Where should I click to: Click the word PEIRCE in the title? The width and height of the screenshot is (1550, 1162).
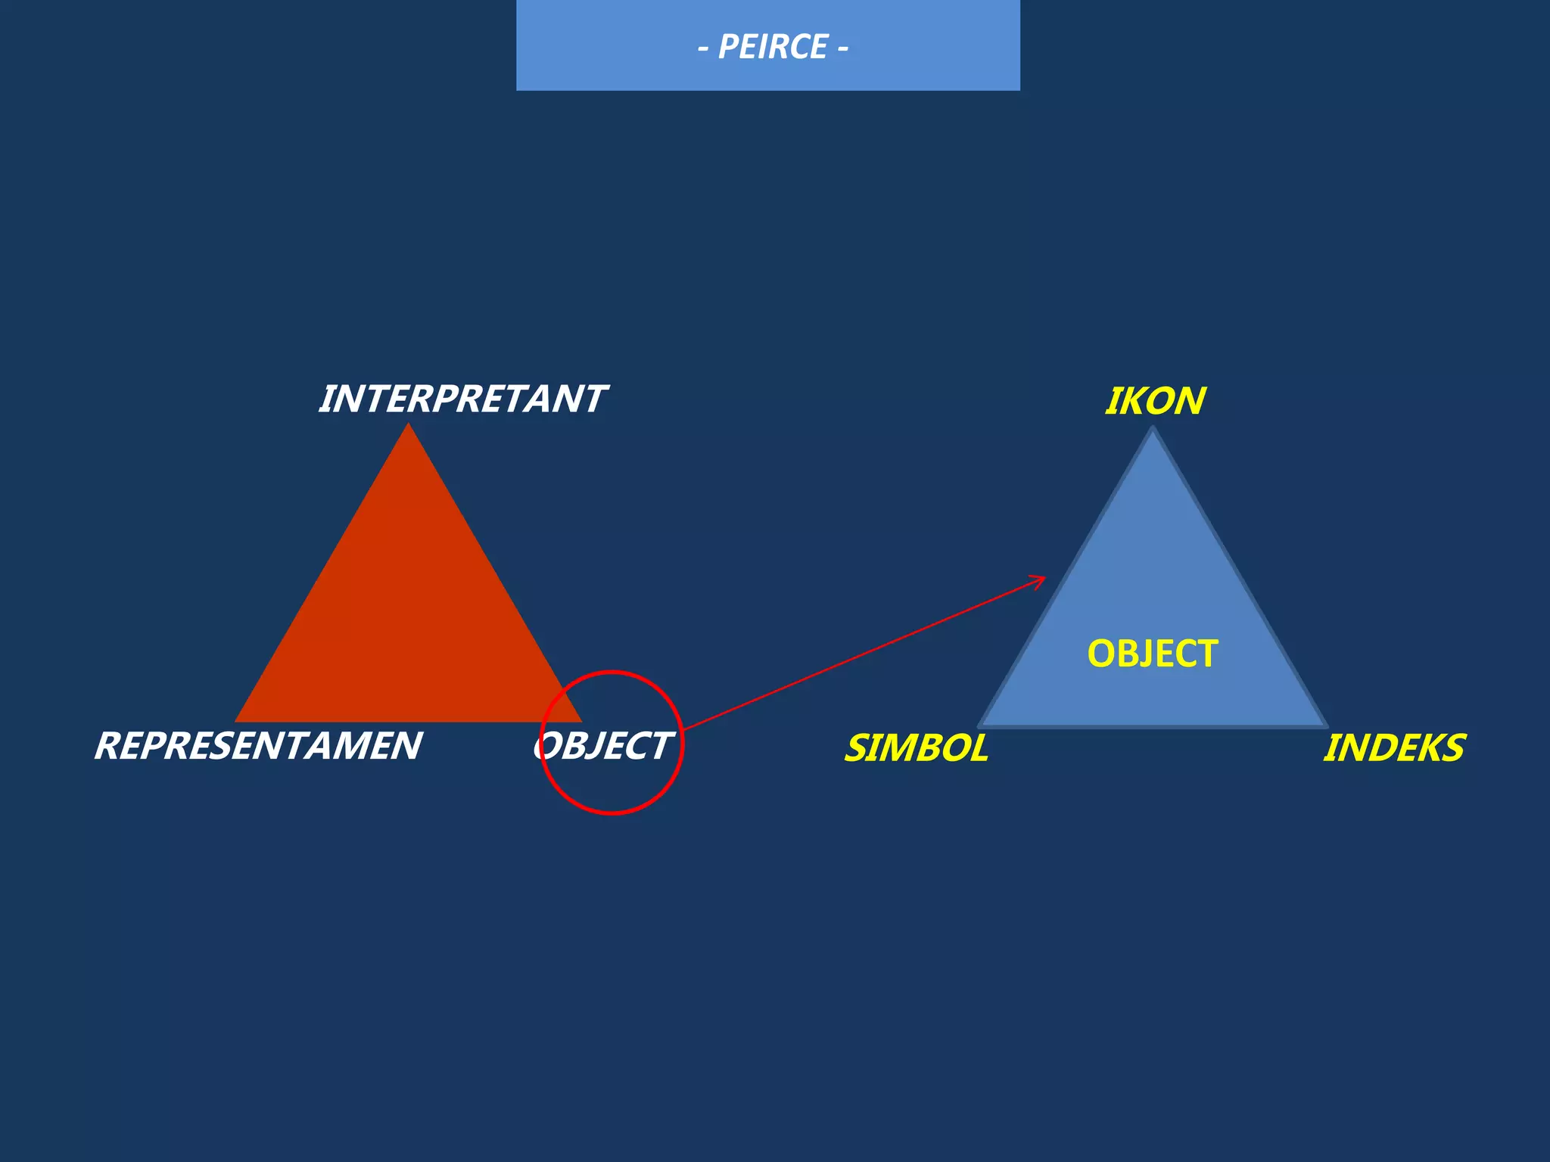point(772,47)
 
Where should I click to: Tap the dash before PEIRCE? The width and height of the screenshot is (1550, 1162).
point(703,49)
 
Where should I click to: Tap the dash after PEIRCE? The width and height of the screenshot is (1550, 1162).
point(842,49)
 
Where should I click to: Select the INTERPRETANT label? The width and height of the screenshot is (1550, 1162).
point(462,399)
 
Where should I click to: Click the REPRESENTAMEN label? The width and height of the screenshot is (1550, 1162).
point(258,746)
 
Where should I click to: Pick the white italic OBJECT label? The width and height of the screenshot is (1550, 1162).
point(602,746)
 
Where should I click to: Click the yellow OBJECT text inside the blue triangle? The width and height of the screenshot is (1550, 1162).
point(1153,654)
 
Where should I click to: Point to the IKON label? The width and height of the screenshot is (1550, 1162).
point(1155,401)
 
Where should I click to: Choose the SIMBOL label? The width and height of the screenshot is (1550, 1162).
point(917,748)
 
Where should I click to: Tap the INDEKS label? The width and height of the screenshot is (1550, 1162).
point(1394,748)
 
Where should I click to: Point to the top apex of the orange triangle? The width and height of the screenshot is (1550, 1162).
point(409,423)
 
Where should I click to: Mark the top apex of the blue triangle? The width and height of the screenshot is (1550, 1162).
point(1153,428)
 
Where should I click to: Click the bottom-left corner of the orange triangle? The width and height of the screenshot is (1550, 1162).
point(235,722)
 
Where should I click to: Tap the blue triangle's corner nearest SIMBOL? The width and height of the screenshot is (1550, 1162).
point(979,727)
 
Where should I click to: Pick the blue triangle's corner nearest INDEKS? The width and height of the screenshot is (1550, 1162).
point(1327,727)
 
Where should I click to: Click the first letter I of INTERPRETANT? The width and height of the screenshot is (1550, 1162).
point(329,399)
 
